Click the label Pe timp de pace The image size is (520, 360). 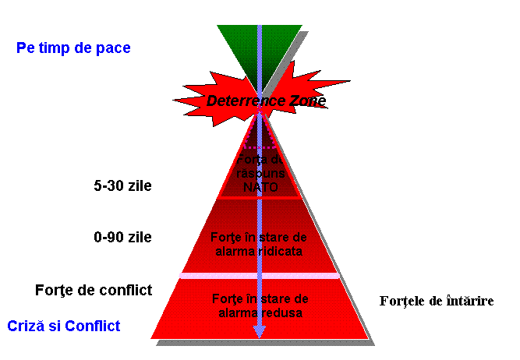(x=73, y=48)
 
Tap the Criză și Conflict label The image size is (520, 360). (x=64, y=326)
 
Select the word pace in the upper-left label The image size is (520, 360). (x=114, y=48)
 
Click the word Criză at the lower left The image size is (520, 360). (x=23, y=326)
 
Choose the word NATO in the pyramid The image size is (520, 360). (x=260, y=187)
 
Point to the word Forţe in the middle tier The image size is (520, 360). (x=226, y=237)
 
